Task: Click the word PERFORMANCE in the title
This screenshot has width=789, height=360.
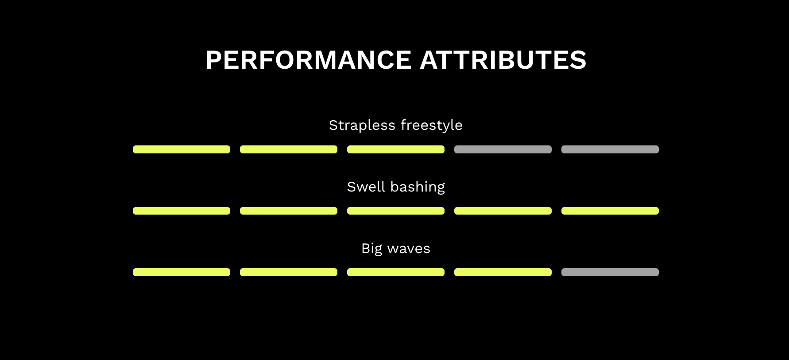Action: [309, 60]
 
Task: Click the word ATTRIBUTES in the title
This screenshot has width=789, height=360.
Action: [503, 60]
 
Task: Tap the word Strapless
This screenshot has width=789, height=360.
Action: [362, 125]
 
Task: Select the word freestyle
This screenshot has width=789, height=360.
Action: [432, 125]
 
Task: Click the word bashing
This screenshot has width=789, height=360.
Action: [418, 187]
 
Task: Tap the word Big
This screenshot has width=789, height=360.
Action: [371, 249]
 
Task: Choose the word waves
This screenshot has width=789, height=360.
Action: [409, 249]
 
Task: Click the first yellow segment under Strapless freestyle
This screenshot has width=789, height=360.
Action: [182, 149]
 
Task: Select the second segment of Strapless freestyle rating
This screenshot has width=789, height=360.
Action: [289, 149]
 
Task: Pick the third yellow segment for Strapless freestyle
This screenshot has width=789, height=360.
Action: [396, 149]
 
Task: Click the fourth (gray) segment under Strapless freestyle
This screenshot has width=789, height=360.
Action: [503, 149]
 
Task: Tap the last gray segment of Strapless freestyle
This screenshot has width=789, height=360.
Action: [610, 149]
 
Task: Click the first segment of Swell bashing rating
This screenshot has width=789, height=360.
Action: [182, 211]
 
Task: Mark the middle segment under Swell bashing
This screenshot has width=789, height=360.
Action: [396, 211]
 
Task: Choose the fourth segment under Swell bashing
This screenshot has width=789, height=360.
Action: [503, 211]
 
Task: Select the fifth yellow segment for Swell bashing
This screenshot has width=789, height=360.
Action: [610, 211]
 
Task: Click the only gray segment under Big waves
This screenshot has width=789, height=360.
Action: [610, 272]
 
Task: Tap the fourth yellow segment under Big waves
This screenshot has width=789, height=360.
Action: [503, 272]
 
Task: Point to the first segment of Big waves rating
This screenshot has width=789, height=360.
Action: [182, 272]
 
